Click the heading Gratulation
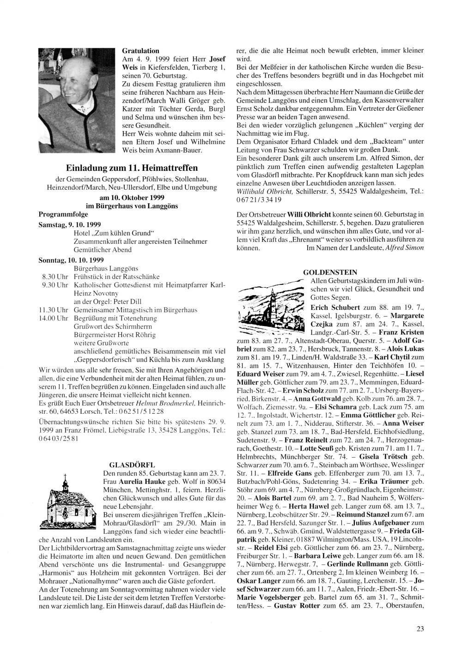tap(140, 51)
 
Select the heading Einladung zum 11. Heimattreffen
tap(132, 168)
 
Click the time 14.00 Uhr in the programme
tap(53, 318)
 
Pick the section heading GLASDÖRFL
tap(132, 465)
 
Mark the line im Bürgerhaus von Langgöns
tap(132, 206)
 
